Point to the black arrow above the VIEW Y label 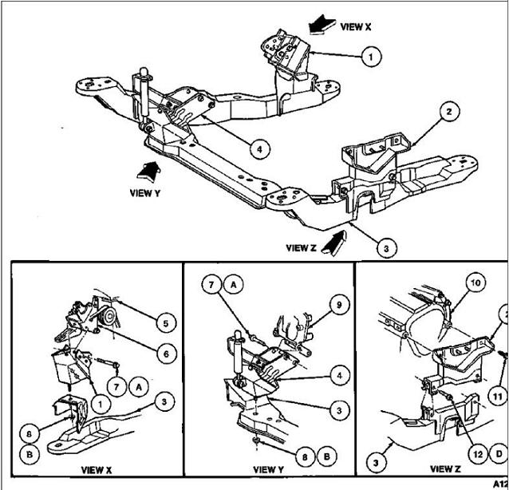pos(150,169)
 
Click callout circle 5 pos(164,324)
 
